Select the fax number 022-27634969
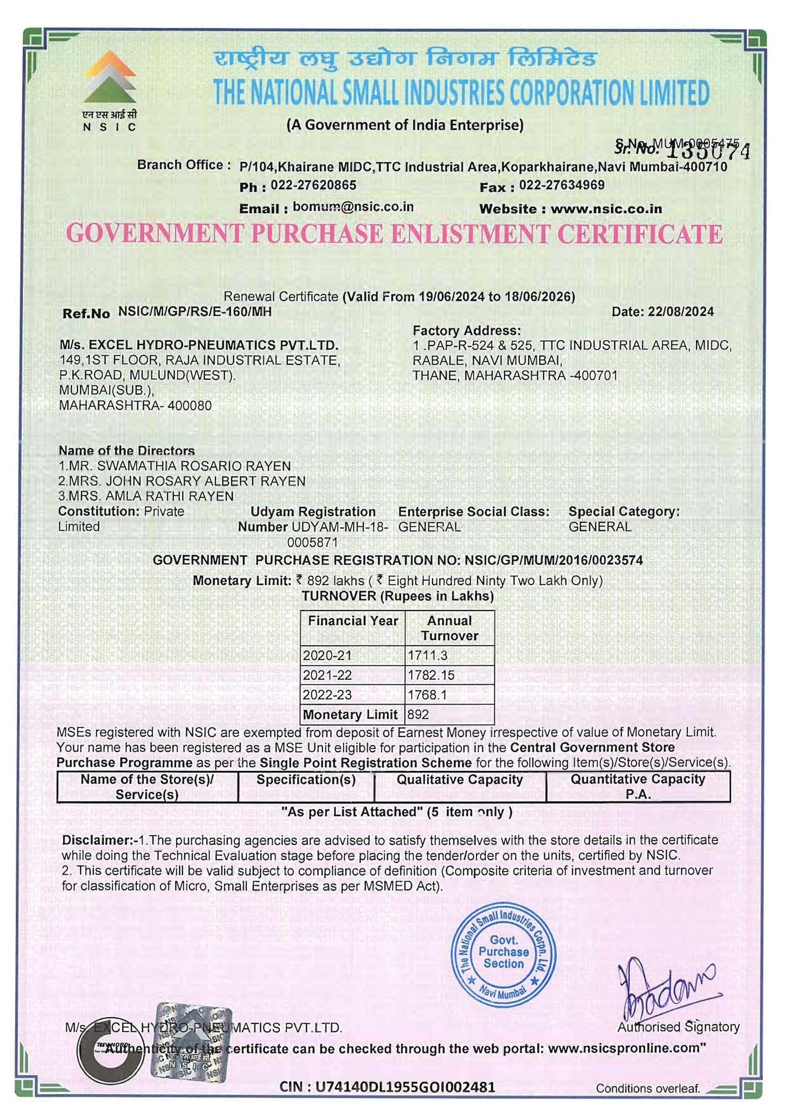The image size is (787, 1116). (562, 185)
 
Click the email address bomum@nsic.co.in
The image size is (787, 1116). (353, 207)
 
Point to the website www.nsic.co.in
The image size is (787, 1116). (606, 209)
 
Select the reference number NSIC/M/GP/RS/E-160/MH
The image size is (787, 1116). (195, 311)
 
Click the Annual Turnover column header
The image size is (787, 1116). (449, 628)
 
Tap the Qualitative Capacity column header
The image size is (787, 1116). (459, 780)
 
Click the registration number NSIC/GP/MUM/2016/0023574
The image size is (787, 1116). (553, 560)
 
